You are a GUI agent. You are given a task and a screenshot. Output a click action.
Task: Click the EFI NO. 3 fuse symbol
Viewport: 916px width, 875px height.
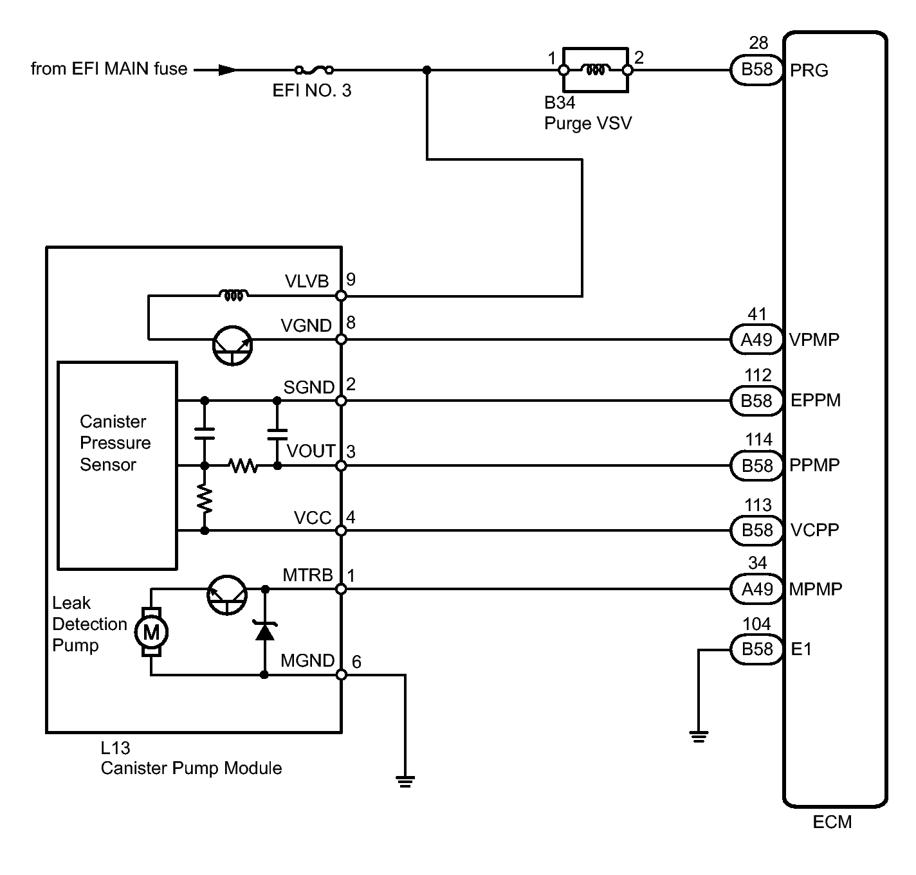point(314,70)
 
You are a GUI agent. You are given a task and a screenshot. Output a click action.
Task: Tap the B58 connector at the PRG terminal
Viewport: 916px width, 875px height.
point(756,69)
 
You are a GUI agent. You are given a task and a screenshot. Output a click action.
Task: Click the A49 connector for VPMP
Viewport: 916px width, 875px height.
point(756,339)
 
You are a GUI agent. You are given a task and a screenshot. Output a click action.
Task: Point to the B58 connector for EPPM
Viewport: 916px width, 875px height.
point(756,401)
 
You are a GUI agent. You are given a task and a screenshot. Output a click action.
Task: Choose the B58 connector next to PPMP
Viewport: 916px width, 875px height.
point(756,465)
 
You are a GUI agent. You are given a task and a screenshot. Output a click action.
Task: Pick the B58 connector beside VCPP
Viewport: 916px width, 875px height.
point(756,530)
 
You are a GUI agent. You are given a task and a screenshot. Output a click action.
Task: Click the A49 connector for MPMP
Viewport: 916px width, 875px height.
point(756,589)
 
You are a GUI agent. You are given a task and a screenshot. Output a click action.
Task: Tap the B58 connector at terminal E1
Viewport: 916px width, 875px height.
point(756,649)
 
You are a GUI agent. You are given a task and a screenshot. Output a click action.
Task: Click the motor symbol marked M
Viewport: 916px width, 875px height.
point(151,632)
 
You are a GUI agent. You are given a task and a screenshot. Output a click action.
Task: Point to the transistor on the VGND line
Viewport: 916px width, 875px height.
point(232,345)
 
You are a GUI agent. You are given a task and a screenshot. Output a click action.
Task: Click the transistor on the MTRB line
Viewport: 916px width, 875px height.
point(227,595)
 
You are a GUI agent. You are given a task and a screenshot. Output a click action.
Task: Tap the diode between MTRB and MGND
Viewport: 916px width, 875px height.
point(265,631)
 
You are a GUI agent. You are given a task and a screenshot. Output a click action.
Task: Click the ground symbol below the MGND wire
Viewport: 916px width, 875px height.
point(405,781)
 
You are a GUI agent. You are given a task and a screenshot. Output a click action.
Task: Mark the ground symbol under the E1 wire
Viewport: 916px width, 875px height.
point(699,737)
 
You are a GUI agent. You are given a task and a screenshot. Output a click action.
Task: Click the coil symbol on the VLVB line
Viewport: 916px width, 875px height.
point(234,295)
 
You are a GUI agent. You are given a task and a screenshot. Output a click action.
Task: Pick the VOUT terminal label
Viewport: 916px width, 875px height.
point(311,451)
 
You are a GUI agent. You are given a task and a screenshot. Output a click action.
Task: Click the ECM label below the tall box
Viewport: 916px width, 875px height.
point(832,822)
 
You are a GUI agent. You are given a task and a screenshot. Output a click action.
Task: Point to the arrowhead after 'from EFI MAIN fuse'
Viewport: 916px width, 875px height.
point(227,70)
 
